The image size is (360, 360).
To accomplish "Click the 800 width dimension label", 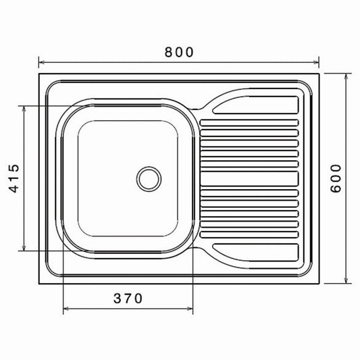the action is tap(179, 52).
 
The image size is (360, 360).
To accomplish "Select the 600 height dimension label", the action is tap(336, 178).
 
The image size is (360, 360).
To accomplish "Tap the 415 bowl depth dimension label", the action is tap(14, 178).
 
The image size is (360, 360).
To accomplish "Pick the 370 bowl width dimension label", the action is tap(128, 299).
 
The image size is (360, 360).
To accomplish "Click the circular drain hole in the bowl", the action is tap(149, 179).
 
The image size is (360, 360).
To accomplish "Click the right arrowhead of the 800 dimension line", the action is tap(316, 62).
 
